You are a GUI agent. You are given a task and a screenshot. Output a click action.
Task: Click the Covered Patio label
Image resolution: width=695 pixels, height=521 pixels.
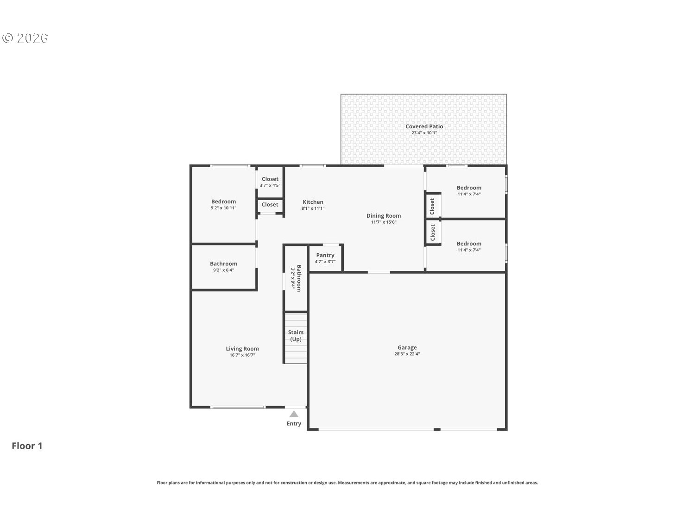click(x=424, y=126)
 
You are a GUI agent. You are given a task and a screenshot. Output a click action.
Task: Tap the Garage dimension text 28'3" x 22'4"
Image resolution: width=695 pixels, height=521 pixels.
click(x=407, y=354)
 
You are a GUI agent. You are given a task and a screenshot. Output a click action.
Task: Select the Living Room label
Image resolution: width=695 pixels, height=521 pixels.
click(x=242, y=349)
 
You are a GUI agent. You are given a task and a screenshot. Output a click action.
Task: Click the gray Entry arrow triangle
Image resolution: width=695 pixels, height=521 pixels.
click(x=294, y=414)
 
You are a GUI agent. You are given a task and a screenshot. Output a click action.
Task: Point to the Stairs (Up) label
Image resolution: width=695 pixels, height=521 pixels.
click(x=296, y=336)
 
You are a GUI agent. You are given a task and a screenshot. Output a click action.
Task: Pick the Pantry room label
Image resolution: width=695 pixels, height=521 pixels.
click(x=325, y=255)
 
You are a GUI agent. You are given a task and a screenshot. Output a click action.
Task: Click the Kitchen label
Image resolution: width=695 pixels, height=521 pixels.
click(x=313, y=202)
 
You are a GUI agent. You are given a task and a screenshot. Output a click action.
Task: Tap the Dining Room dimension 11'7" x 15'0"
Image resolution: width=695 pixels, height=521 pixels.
click(x=384, y=222)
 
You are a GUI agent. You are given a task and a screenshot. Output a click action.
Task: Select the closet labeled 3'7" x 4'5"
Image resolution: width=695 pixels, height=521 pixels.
click(x=270, y=182)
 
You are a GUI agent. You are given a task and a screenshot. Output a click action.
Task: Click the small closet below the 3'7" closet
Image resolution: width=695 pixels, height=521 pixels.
click(x=270, y=205)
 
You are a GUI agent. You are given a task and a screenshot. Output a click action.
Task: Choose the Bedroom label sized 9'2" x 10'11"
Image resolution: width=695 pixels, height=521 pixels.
click(x=223, y=201)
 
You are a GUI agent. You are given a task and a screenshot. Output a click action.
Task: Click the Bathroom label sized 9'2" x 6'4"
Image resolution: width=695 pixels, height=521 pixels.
click(x=223, y=264)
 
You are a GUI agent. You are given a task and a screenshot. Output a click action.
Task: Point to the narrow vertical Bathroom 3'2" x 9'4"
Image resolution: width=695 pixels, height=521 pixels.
click(x=296, y=278)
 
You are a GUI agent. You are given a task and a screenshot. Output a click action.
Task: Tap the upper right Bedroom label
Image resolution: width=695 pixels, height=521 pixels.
click(x=469, y=188)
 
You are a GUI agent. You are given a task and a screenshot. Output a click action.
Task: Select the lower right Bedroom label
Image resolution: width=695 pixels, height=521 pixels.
click(x=469, y=244)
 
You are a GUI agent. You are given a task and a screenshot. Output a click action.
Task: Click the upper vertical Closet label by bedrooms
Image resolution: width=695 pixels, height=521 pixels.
click(x=432, y=206)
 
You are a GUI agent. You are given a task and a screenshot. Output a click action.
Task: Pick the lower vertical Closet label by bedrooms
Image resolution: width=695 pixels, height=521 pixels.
click(x=433, y=232)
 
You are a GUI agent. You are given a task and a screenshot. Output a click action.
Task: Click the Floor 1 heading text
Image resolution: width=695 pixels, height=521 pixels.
click(x=27, y=446)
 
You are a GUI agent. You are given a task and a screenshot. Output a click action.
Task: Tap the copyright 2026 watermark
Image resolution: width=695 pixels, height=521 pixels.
click(x=25, y=38)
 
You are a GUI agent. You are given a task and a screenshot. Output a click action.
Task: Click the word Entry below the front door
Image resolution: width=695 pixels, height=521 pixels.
click(x=294, y=424)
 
